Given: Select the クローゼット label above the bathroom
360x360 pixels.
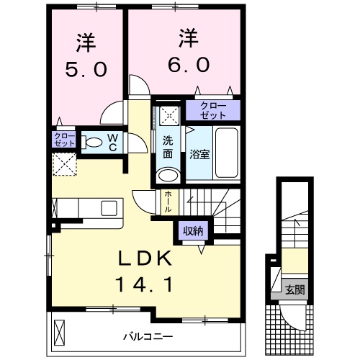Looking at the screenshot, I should click(212, 111).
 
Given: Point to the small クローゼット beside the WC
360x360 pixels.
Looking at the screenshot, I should click(64, 139).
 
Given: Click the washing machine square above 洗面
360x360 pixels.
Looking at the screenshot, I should click(168, 114).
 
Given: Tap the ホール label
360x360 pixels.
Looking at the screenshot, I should click(168, 199).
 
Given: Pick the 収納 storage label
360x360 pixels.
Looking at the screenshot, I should click(192, 232).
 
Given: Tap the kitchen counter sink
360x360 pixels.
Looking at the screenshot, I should click(109, 207).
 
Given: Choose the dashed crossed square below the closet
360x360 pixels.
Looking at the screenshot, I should click(65, 163).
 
